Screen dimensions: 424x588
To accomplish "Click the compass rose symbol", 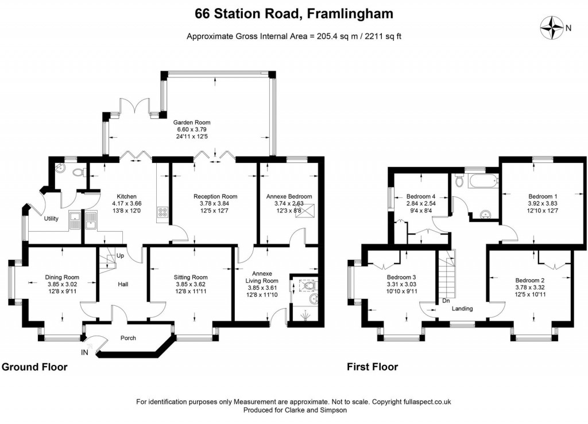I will pyautogui.click(x=553, y=27).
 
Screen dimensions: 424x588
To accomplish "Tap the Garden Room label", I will pyautogui.click(x=192, y=122).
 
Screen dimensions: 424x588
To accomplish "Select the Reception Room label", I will pyautogui.click(x=215, y=196).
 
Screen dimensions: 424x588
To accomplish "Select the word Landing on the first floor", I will pyautogui.click(x=462, y=309).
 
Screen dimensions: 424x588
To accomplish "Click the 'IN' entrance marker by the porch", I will pyautogui.click(x=85, y=352).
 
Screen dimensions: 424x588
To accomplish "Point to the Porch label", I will pyautogui.click(x=128, y=338).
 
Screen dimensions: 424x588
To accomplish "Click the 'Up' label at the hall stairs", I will pyautogui.click(x=120, y=255).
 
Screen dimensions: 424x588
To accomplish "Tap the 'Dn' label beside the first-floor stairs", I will pyautogui.click(x=446, y=301).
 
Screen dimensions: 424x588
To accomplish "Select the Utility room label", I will pyautogui.click(x=52, y=219).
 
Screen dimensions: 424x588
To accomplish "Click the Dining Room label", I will pyautogui.click(x=62, y=278).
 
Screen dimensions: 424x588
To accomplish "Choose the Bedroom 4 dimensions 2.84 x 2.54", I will pyautogui.click(x=421, y=204).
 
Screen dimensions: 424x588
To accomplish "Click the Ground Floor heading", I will pyautogui.click(x=34, y=367).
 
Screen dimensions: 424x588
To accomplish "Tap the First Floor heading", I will pyautogui.click(x=372, y=367).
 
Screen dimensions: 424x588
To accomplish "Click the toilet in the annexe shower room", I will pyautogui.click(x=308, y=285).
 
